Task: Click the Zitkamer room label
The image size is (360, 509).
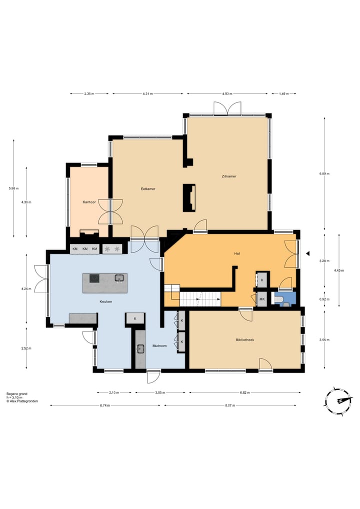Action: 229,176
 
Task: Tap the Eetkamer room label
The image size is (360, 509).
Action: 148,188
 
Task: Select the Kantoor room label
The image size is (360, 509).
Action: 89,202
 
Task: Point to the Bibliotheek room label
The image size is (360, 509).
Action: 245,340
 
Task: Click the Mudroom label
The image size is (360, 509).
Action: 159,345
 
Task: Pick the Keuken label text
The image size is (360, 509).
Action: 106,301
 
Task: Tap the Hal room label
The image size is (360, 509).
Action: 237,253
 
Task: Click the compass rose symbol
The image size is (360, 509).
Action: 338,401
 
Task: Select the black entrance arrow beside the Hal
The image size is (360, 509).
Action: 307,253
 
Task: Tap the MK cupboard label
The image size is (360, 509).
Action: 262,299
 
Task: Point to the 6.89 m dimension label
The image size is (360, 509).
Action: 324,173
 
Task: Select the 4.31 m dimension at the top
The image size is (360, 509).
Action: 147,94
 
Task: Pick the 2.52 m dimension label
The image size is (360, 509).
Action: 26,348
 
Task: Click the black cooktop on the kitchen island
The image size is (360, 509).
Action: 94,278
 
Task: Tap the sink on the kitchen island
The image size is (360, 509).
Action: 119,278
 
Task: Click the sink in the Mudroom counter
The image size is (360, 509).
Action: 140,348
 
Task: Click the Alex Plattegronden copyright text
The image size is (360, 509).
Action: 22,401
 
